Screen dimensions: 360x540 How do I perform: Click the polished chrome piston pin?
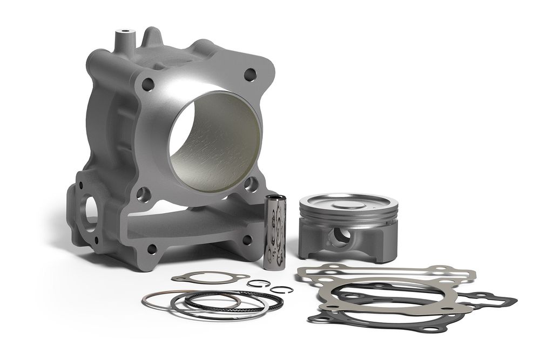coord(274,228)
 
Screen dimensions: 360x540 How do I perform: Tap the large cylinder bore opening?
coord(214,141)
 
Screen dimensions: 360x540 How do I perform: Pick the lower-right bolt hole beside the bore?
coord(249,185)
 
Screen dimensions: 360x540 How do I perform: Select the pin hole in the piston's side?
coord(340,236)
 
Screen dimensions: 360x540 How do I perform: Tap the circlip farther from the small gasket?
coord(282,290)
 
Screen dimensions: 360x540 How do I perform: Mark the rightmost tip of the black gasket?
coord(516,300)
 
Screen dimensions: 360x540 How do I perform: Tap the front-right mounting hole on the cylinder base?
coord(247,239)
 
